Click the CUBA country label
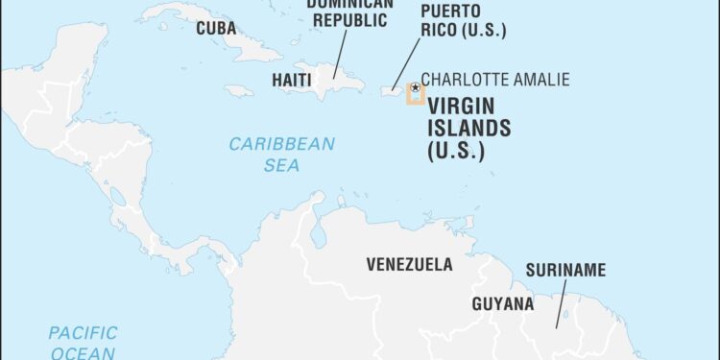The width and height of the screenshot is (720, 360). point(216,29)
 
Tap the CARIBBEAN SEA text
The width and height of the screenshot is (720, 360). point(281,155)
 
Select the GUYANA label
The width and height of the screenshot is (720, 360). point(502,304)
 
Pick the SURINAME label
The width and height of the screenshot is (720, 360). point(564,270)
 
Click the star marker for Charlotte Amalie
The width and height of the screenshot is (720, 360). point(415,87)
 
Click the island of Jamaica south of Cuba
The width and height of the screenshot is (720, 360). point(239,91)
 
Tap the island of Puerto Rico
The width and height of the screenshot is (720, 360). point(395,90)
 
